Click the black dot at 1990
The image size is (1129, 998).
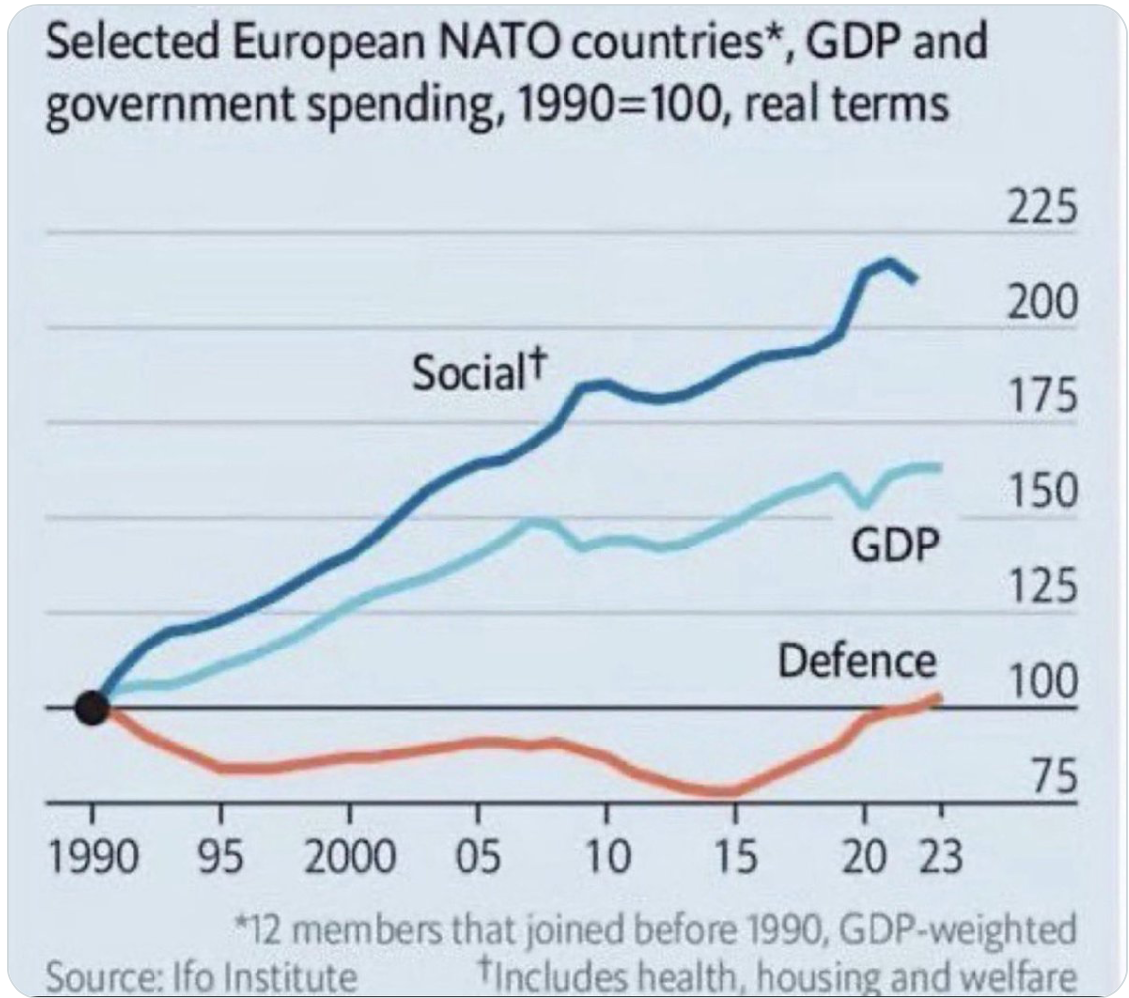click(92, 708)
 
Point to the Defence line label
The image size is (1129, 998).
click(857, 661)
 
